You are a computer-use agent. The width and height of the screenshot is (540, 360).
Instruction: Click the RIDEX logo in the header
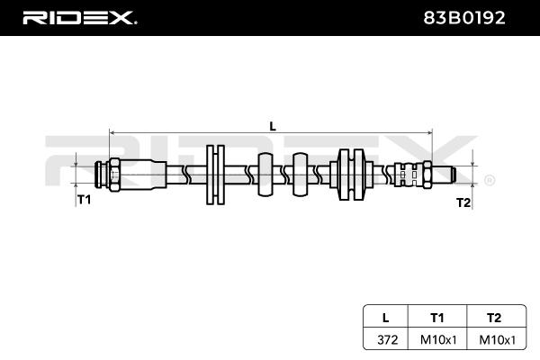[79, 18]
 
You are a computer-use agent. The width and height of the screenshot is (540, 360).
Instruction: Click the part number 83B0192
[463, 18]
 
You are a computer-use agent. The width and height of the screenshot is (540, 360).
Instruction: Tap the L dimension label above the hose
[273, 126]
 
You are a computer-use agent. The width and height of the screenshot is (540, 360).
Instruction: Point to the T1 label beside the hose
[84, 199]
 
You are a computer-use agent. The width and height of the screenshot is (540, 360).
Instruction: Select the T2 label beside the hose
[463, 202]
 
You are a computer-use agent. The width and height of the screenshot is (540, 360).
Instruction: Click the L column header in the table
[386, 318]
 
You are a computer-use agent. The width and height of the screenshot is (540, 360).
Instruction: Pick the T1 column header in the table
[437, 318]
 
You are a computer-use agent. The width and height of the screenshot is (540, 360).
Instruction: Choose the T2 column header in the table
[494, 318]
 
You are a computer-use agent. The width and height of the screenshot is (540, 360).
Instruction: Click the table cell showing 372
[388, 340]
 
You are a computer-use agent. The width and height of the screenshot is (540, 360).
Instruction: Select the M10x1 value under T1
[438, 340]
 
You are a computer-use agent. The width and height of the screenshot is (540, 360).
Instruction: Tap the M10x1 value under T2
[498, 340]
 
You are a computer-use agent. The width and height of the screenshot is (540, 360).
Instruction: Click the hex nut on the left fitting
[114, 175]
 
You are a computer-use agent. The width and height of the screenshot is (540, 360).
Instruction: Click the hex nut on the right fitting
[427, 175]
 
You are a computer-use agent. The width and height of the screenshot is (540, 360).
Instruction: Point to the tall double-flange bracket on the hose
[216, 175]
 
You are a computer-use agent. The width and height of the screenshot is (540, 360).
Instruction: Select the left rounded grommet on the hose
[265, 175]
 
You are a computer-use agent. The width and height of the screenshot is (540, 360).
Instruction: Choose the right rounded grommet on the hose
[300, 175]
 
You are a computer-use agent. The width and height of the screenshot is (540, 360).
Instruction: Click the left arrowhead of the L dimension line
[112, 132]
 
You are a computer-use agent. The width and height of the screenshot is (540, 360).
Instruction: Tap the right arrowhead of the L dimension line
[429, 132]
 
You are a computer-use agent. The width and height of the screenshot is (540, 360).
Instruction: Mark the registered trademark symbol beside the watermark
[490, 180]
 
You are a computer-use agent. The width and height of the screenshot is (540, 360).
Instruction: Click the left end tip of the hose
[95, 175]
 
